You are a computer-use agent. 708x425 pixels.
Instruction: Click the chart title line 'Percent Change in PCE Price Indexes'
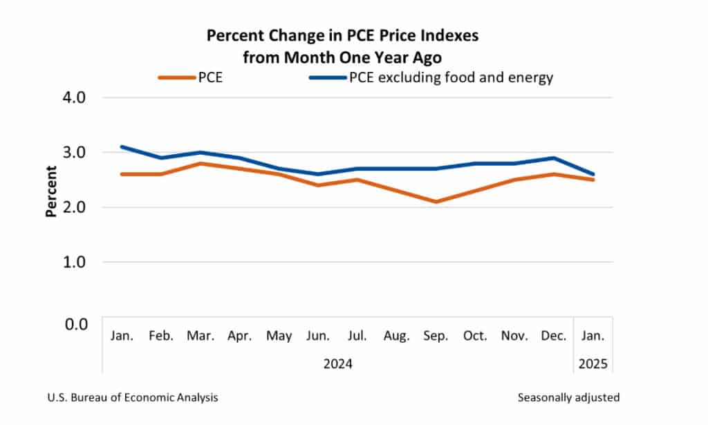coord(342,36)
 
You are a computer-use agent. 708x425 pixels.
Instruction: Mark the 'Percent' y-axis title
coord(50,191)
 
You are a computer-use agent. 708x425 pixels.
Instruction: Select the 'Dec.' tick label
coord(554,337)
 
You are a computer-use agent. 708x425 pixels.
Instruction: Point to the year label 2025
coord(593,363)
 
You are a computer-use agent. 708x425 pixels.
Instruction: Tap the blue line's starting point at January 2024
coord(122,147)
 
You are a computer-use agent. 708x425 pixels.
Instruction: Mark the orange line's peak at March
coord(201,163)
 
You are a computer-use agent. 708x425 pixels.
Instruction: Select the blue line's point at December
coord(554,158)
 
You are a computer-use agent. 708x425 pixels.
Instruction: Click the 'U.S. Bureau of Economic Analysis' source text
coord(133,397)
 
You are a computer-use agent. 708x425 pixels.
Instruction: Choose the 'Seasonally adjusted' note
coord(568,397)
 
